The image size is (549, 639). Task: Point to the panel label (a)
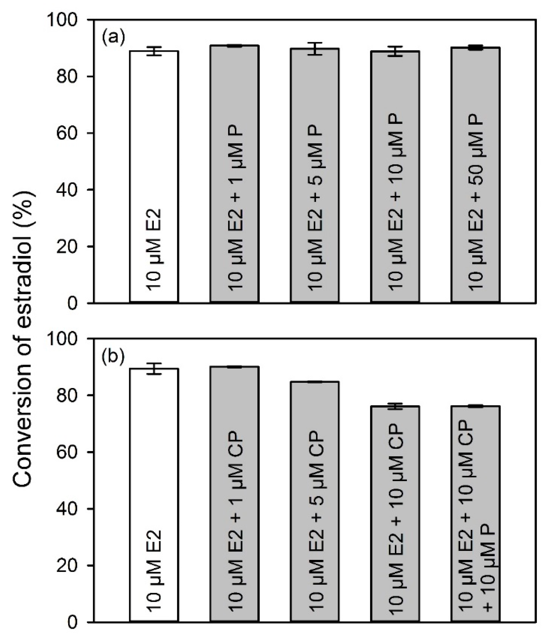point(113,37)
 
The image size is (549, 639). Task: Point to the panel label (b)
point(113,356)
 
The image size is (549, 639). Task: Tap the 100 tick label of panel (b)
point(61,339)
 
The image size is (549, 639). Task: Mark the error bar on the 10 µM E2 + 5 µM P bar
point(315,48)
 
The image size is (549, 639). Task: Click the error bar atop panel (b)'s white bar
point(154,369)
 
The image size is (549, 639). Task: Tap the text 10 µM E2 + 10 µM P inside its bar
point(395,202)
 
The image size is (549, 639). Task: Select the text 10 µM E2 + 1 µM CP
point(236,521)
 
